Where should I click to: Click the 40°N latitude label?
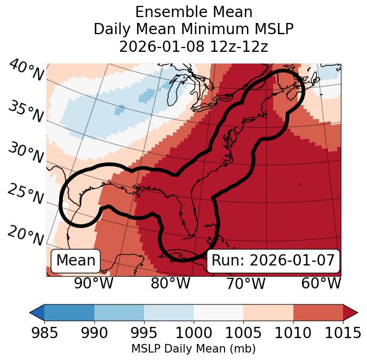(26, 71)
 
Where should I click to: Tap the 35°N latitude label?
(26, 112)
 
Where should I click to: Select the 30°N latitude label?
(26, 154)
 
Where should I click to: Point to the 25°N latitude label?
(26, 194)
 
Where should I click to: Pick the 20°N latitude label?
(26, 235)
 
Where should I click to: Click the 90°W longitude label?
(94, 284)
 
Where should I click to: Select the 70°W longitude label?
(246, 284)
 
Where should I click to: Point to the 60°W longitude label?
(321, 284)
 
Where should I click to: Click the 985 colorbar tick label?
(44, 333)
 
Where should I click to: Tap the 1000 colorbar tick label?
(194, 333)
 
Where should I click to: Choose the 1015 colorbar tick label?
(342, 333)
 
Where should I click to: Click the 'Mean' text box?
(76, 261)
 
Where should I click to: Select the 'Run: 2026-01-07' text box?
(273, 261)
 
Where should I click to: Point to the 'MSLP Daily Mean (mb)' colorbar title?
(194, 349)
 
